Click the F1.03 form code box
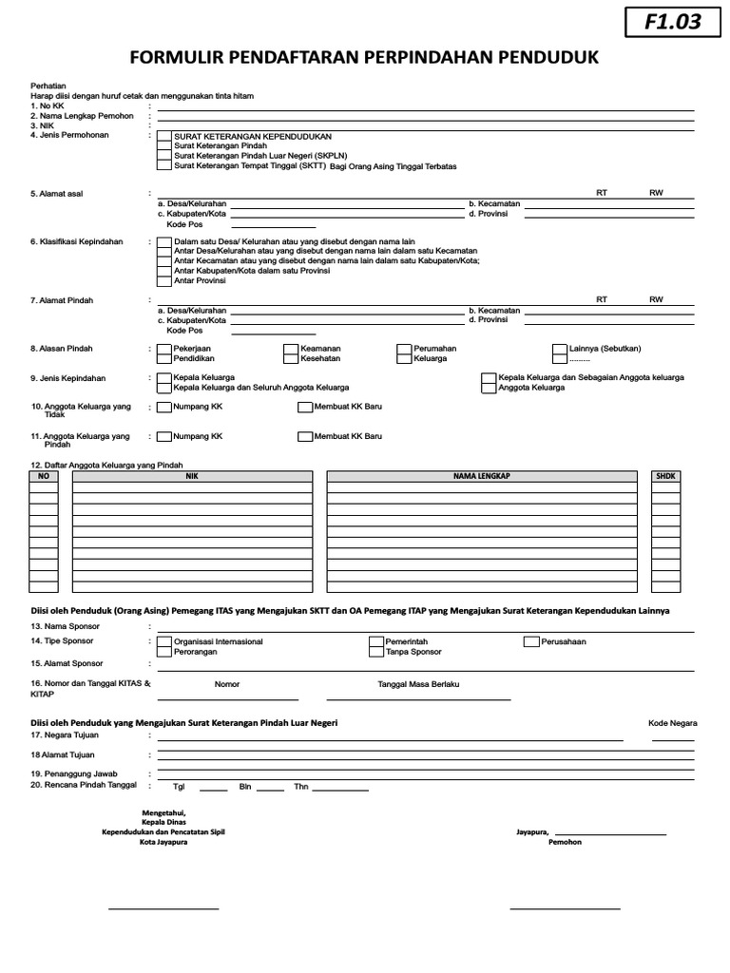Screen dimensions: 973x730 672,21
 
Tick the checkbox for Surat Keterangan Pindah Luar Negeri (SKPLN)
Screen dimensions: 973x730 164,156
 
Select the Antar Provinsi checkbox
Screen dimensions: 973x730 164,281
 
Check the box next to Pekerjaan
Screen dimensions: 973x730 164,349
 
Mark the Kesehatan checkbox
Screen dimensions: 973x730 292,359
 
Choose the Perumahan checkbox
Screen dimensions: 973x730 406,349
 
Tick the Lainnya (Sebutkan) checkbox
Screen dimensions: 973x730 560,349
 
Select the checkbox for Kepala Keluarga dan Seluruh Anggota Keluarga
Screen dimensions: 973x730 164,388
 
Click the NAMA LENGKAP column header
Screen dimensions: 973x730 482,475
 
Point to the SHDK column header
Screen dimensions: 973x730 665,475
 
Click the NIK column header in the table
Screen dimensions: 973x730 192,475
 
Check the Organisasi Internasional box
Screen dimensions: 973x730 164,642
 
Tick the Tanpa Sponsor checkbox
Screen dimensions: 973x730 376,653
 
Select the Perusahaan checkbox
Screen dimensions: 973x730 531,642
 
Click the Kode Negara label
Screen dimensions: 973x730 672,723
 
